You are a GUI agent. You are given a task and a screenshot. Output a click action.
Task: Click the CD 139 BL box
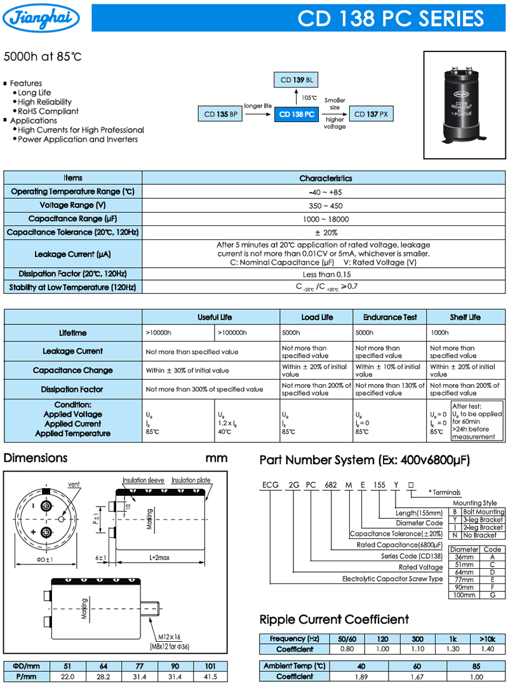[297, 80]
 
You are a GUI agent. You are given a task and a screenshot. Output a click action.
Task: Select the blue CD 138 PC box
[297, 114]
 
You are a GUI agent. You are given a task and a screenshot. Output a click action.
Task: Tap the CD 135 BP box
[221, 114]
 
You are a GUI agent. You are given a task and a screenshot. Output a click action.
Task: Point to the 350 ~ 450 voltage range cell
[324, 206]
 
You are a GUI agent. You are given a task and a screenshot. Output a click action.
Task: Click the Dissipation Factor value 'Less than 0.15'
[324, 274]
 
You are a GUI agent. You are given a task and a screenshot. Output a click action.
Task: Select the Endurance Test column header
[390, 317]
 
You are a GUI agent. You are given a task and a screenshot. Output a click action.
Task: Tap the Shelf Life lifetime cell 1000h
[439, 333]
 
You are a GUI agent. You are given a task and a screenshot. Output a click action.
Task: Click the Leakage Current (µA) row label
[73, 254]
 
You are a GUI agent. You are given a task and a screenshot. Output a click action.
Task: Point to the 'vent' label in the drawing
[74, 484]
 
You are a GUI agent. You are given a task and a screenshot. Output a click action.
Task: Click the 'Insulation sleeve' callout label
[144, 481]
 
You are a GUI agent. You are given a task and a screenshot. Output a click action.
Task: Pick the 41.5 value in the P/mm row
[210, 677]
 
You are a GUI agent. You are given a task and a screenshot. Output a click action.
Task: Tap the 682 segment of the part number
[331, 485]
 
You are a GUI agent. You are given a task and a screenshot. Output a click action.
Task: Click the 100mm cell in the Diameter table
[465, 595]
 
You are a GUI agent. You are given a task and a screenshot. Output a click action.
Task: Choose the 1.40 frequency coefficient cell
[488, 649]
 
